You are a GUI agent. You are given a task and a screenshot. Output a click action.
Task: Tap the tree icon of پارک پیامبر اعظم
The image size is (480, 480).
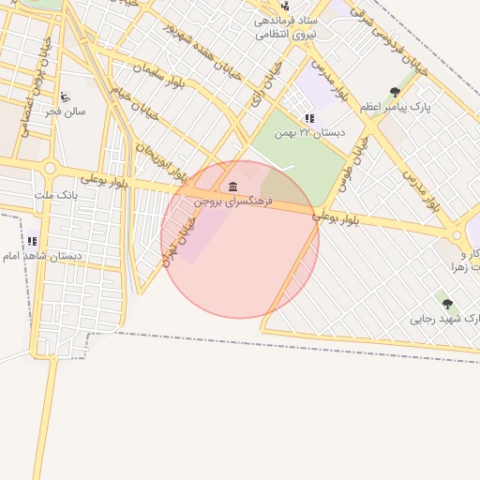(395, 92)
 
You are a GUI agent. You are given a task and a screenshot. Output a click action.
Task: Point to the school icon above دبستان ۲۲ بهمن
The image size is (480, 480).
(309, 118)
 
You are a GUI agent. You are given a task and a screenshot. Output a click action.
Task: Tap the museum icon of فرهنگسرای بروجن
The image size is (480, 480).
(232, 187)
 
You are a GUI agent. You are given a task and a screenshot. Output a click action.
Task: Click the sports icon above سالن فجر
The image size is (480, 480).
(64, 97)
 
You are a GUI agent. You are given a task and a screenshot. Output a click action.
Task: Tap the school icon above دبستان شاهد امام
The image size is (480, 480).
(32, 241)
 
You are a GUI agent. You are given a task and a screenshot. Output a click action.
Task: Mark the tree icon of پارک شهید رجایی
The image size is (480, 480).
(447, 304)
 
